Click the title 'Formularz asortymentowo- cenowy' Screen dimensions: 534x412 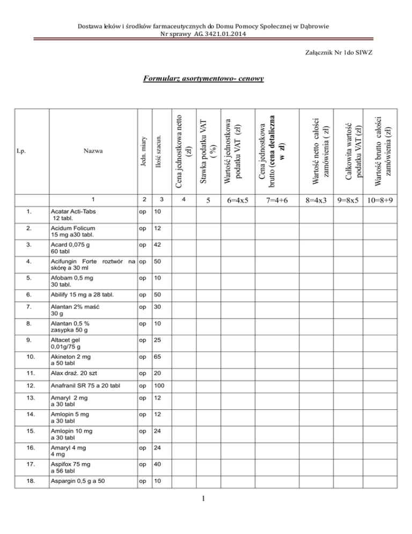204,80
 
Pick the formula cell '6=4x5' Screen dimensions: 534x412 236,200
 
